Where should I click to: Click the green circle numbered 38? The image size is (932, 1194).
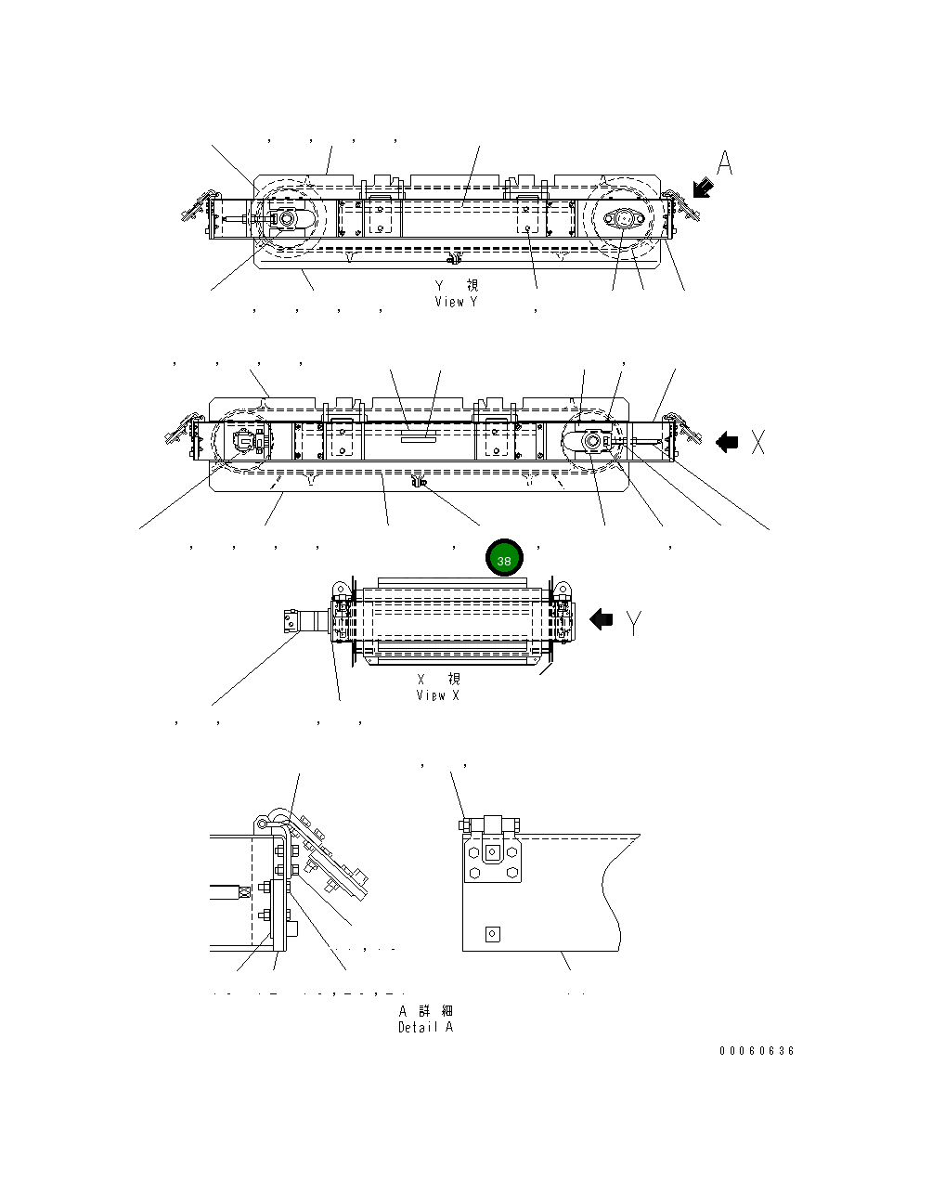coord(504,558)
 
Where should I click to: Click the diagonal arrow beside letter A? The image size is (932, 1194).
coord(703,188)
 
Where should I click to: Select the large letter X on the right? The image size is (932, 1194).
coord(758,443)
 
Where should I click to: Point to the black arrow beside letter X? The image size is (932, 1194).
coord(727,443)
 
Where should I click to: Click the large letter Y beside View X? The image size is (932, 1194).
coord(633,623)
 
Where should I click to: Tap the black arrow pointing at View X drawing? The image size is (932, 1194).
coord(602,619)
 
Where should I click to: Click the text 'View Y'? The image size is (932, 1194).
coord(456,302)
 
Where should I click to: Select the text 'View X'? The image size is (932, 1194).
coord(437,695)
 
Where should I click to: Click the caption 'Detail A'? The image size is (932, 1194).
coord(426,1027)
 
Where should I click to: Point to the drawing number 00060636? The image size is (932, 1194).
coord(757,1051)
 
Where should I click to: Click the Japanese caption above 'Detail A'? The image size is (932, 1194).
coord(426,1010)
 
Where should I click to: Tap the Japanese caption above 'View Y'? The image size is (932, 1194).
coord(457,285)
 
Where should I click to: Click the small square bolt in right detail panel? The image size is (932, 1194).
coord(493,934)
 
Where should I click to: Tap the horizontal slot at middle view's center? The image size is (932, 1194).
coord(418,432)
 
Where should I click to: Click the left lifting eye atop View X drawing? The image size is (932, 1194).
coord(340,590)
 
